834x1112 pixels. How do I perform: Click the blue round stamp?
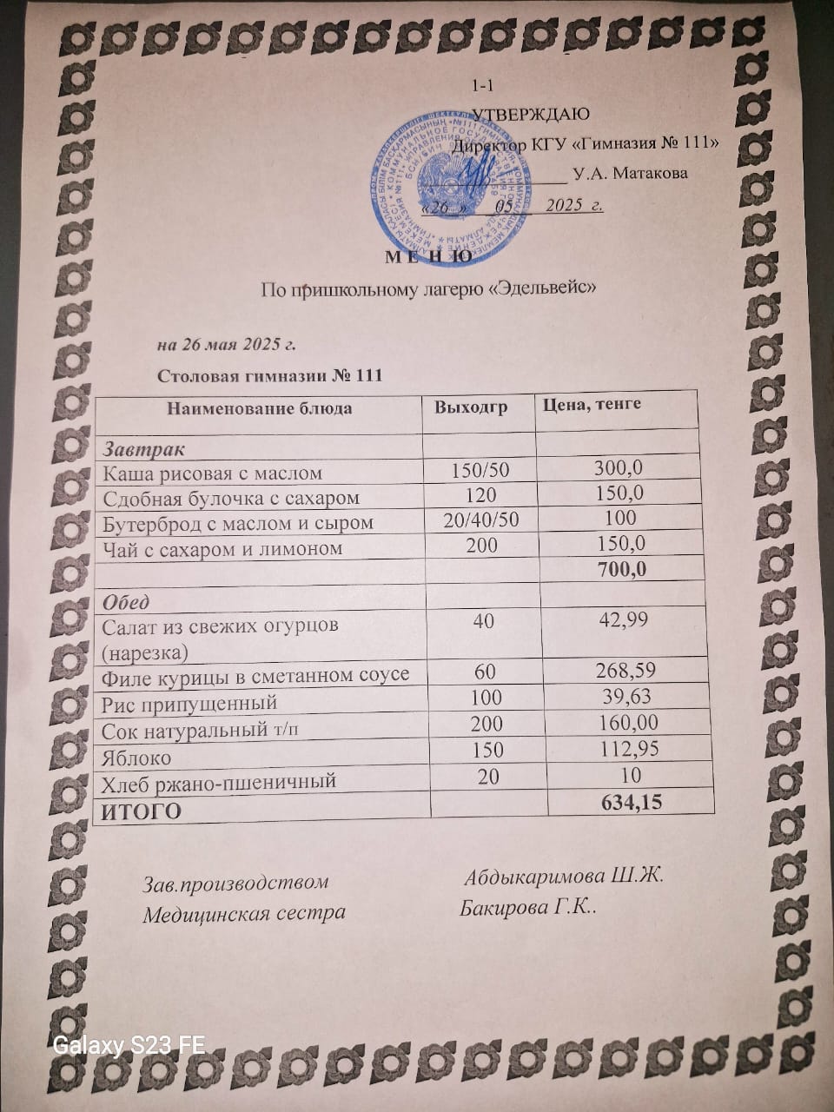(x=451, y=177)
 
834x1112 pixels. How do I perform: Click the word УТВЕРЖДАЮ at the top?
(x=530, y=115)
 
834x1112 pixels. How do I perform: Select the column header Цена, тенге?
(x=592, y=404)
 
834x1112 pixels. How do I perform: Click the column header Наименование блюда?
(x=259, y=407)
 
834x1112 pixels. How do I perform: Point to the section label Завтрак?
(x=144, y=449)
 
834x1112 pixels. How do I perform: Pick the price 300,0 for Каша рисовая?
(x=619, y=467)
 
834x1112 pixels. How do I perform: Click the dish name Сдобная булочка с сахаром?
(x=230, y=499)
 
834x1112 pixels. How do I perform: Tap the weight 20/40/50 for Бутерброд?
(x=480, y=520)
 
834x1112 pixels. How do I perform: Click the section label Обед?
(x=125, y=601)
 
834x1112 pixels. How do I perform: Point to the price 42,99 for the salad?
(x=624, y=619)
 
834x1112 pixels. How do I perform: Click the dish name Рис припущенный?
(x=189, y=703)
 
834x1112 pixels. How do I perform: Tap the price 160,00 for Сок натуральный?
(x=628, y=722)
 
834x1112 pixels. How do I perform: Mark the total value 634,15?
(x=632, y=802)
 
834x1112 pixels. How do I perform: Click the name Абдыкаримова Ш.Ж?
(x=564, y=875)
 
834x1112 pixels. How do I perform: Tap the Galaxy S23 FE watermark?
(x=129, y=1045)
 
